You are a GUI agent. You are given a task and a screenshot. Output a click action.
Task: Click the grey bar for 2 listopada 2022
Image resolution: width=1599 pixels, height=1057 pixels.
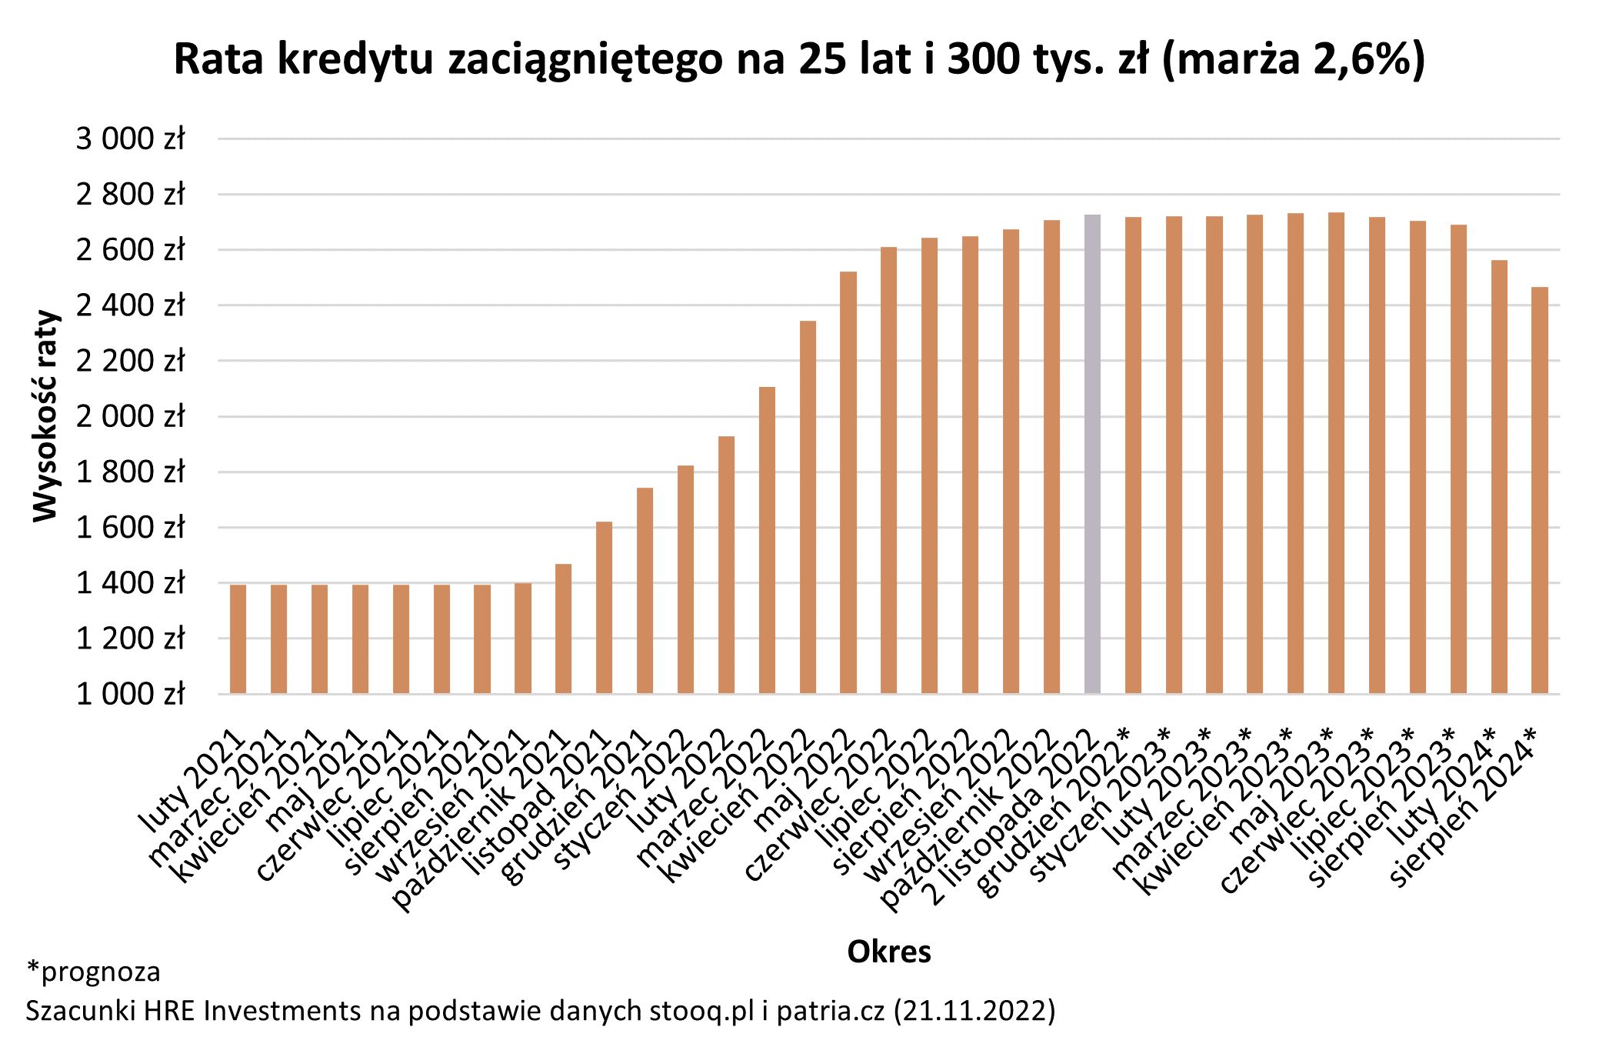pyautogui.click(x=1092, y=454)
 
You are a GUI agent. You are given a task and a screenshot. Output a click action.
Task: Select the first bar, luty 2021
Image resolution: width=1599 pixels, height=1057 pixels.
pyautogui.click(x=238, y=639)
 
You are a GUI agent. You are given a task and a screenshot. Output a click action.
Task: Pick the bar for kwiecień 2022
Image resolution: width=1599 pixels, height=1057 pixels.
pyautogui.click(x=808, y=507)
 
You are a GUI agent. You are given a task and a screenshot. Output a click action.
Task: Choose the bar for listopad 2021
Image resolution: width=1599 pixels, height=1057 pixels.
pyautogui.click(x=605, y=608)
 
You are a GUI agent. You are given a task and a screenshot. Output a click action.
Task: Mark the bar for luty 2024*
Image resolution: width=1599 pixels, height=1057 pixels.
pyautogui.click(x=1499, y=477)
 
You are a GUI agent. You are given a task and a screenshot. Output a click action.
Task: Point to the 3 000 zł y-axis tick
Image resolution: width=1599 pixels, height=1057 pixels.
pyautogui.click(x=130, y=139)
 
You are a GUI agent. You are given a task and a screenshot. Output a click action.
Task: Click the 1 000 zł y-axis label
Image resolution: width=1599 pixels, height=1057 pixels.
pyautogui.click(x=130, y=694)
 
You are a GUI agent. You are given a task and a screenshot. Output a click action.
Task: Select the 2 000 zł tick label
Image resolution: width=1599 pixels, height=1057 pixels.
pyautogui.click(x=130, y=416)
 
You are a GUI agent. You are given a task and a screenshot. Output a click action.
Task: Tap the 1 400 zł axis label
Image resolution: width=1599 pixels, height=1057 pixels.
pyautogui.click(x=130, y=583)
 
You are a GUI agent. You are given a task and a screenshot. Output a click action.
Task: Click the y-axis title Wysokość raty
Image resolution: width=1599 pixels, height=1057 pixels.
pyautogui.click(x=45, y=416)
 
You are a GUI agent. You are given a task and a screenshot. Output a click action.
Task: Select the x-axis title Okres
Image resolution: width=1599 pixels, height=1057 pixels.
pyautogui.click(x=888, y=952)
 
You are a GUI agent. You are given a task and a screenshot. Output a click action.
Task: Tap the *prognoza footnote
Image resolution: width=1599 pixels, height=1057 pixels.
pyautogui.click(x=93, y=972)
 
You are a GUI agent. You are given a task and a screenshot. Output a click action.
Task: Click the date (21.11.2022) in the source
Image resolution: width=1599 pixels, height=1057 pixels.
pyautogui.click(x=974, y=1010)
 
